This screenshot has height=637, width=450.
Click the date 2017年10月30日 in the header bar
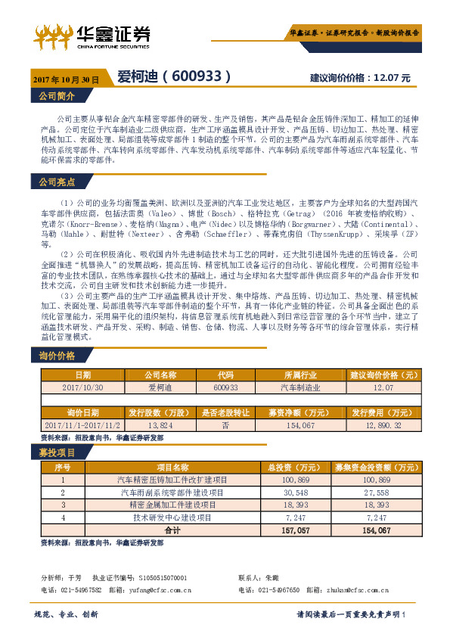pyautogui.click(x=67, y=79)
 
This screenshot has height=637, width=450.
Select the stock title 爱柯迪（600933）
pyautogui.click(x=169, y=77)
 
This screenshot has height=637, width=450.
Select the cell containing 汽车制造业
pyautogui.click(x=300, y=387)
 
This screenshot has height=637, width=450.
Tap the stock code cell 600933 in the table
pyautogui.click(x=225, y=387)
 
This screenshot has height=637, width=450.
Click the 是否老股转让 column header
pyautogui.click(x=225, y=413)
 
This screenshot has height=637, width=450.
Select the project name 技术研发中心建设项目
pyautogui.click(x=172, y=517)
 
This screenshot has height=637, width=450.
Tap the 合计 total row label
pyautogui.click(x=172, y=530)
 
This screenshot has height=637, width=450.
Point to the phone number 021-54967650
pyautogui.click(x=279, y=590)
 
